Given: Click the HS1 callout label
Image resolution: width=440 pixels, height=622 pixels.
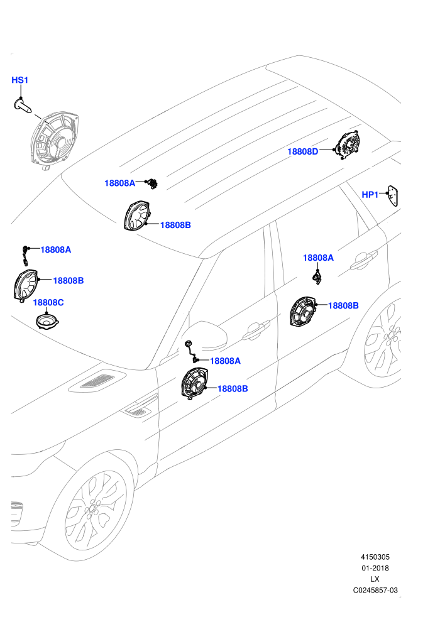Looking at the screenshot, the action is pyautogui.click(x=20, y=80).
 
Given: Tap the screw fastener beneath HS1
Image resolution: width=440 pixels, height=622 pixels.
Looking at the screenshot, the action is pyautogui.click(x=23, y=106).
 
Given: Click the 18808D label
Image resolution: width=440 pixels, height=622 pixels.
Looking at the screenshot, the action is pyautogui.click(x=303, y=151).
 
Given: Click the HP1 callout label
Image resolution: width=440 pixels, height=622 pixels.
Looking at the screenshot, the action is pyautogui.click(x=370, y=195).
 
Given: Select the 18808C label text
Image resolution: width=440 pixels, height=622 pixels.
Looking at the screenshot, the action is pyautogui.click(x=48, y=303).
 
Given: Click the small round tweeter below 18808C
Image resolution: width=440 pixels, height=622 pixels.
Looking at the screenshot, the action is pyautogui.click(x=47, y=321).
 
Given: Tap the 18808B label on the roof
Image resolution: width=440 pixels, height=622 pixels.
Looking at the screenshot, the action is pyautogui.click(x=175, y=226).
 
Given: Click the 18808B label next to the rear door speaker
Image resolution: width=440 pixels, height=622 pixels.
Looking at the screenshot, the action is pyautogui.click(x=343, y=306).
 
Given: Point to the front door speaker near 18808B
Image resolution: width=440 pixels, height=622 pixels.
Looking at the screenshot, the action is pyautogui.click(x=194, y=383).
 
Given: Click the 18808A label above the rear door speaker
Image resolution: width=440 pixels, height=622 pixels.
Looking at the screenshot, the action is pyautogui.click(x=318, y=258).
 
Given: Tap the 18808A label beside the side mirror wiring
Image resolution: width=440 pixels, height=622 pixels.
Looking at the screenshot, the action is pyautogui.click(x=226, y=361).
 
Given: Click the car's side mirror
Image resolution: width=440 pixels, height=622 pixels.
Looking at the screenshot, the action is pyautogui.click(x=207, y=336).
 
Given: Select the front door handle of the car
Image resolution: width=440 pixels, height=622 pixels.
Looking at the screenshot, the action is pyautogui.click(x=256, y=330).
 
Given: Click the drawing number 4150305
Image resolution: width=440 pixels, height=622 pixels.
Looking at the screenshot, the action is pyautogui.click(x=375, y=557).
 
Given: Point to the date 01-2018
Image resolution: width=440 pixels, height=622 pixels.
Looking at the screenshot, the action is pyautogui.click(x=375, y=568).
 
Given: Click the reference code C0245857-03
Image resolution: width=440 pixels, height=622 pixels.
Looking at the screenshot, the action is pyautogui.click(x=375, y=590).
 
